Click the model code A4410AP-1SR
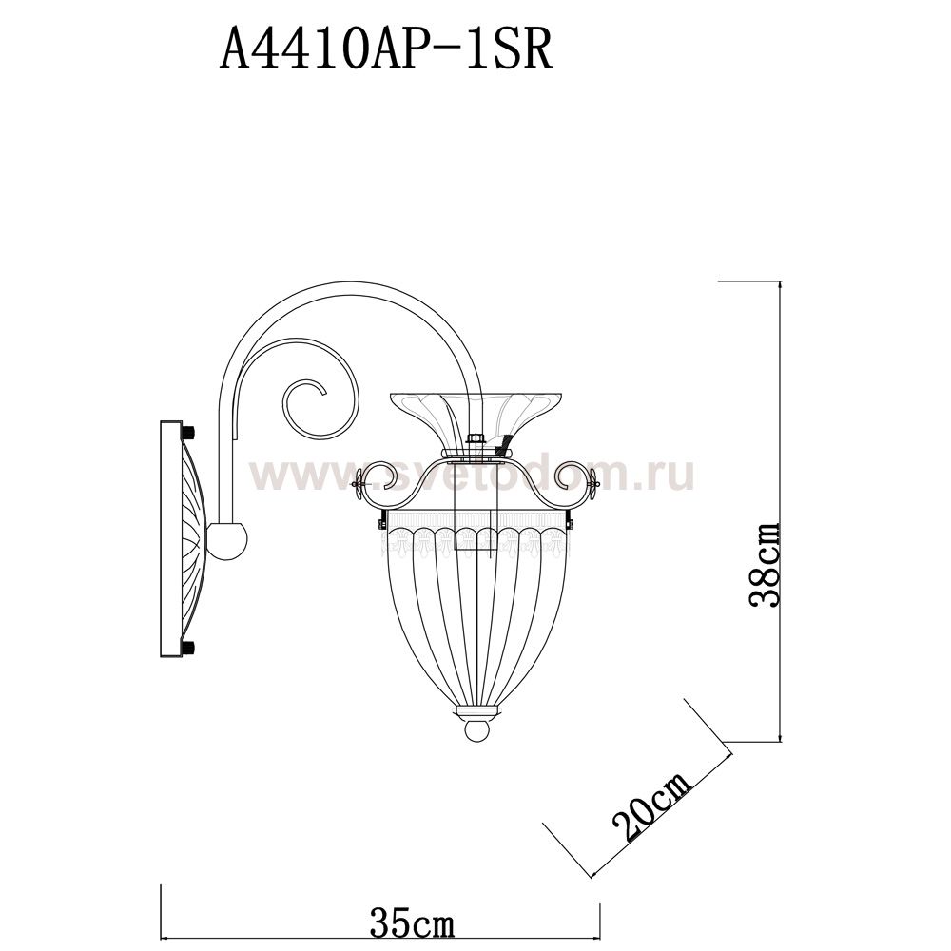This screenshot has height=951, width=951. coord(386,50)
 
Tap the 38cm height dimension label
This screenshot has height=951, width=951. coord(764,564)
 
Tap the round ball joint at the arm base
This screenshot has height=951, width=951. coord(227,542)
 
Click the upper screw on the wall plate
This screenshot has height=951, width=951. coord(188,433)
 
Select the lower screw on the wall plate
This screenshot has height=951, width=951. coord(188,647)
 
